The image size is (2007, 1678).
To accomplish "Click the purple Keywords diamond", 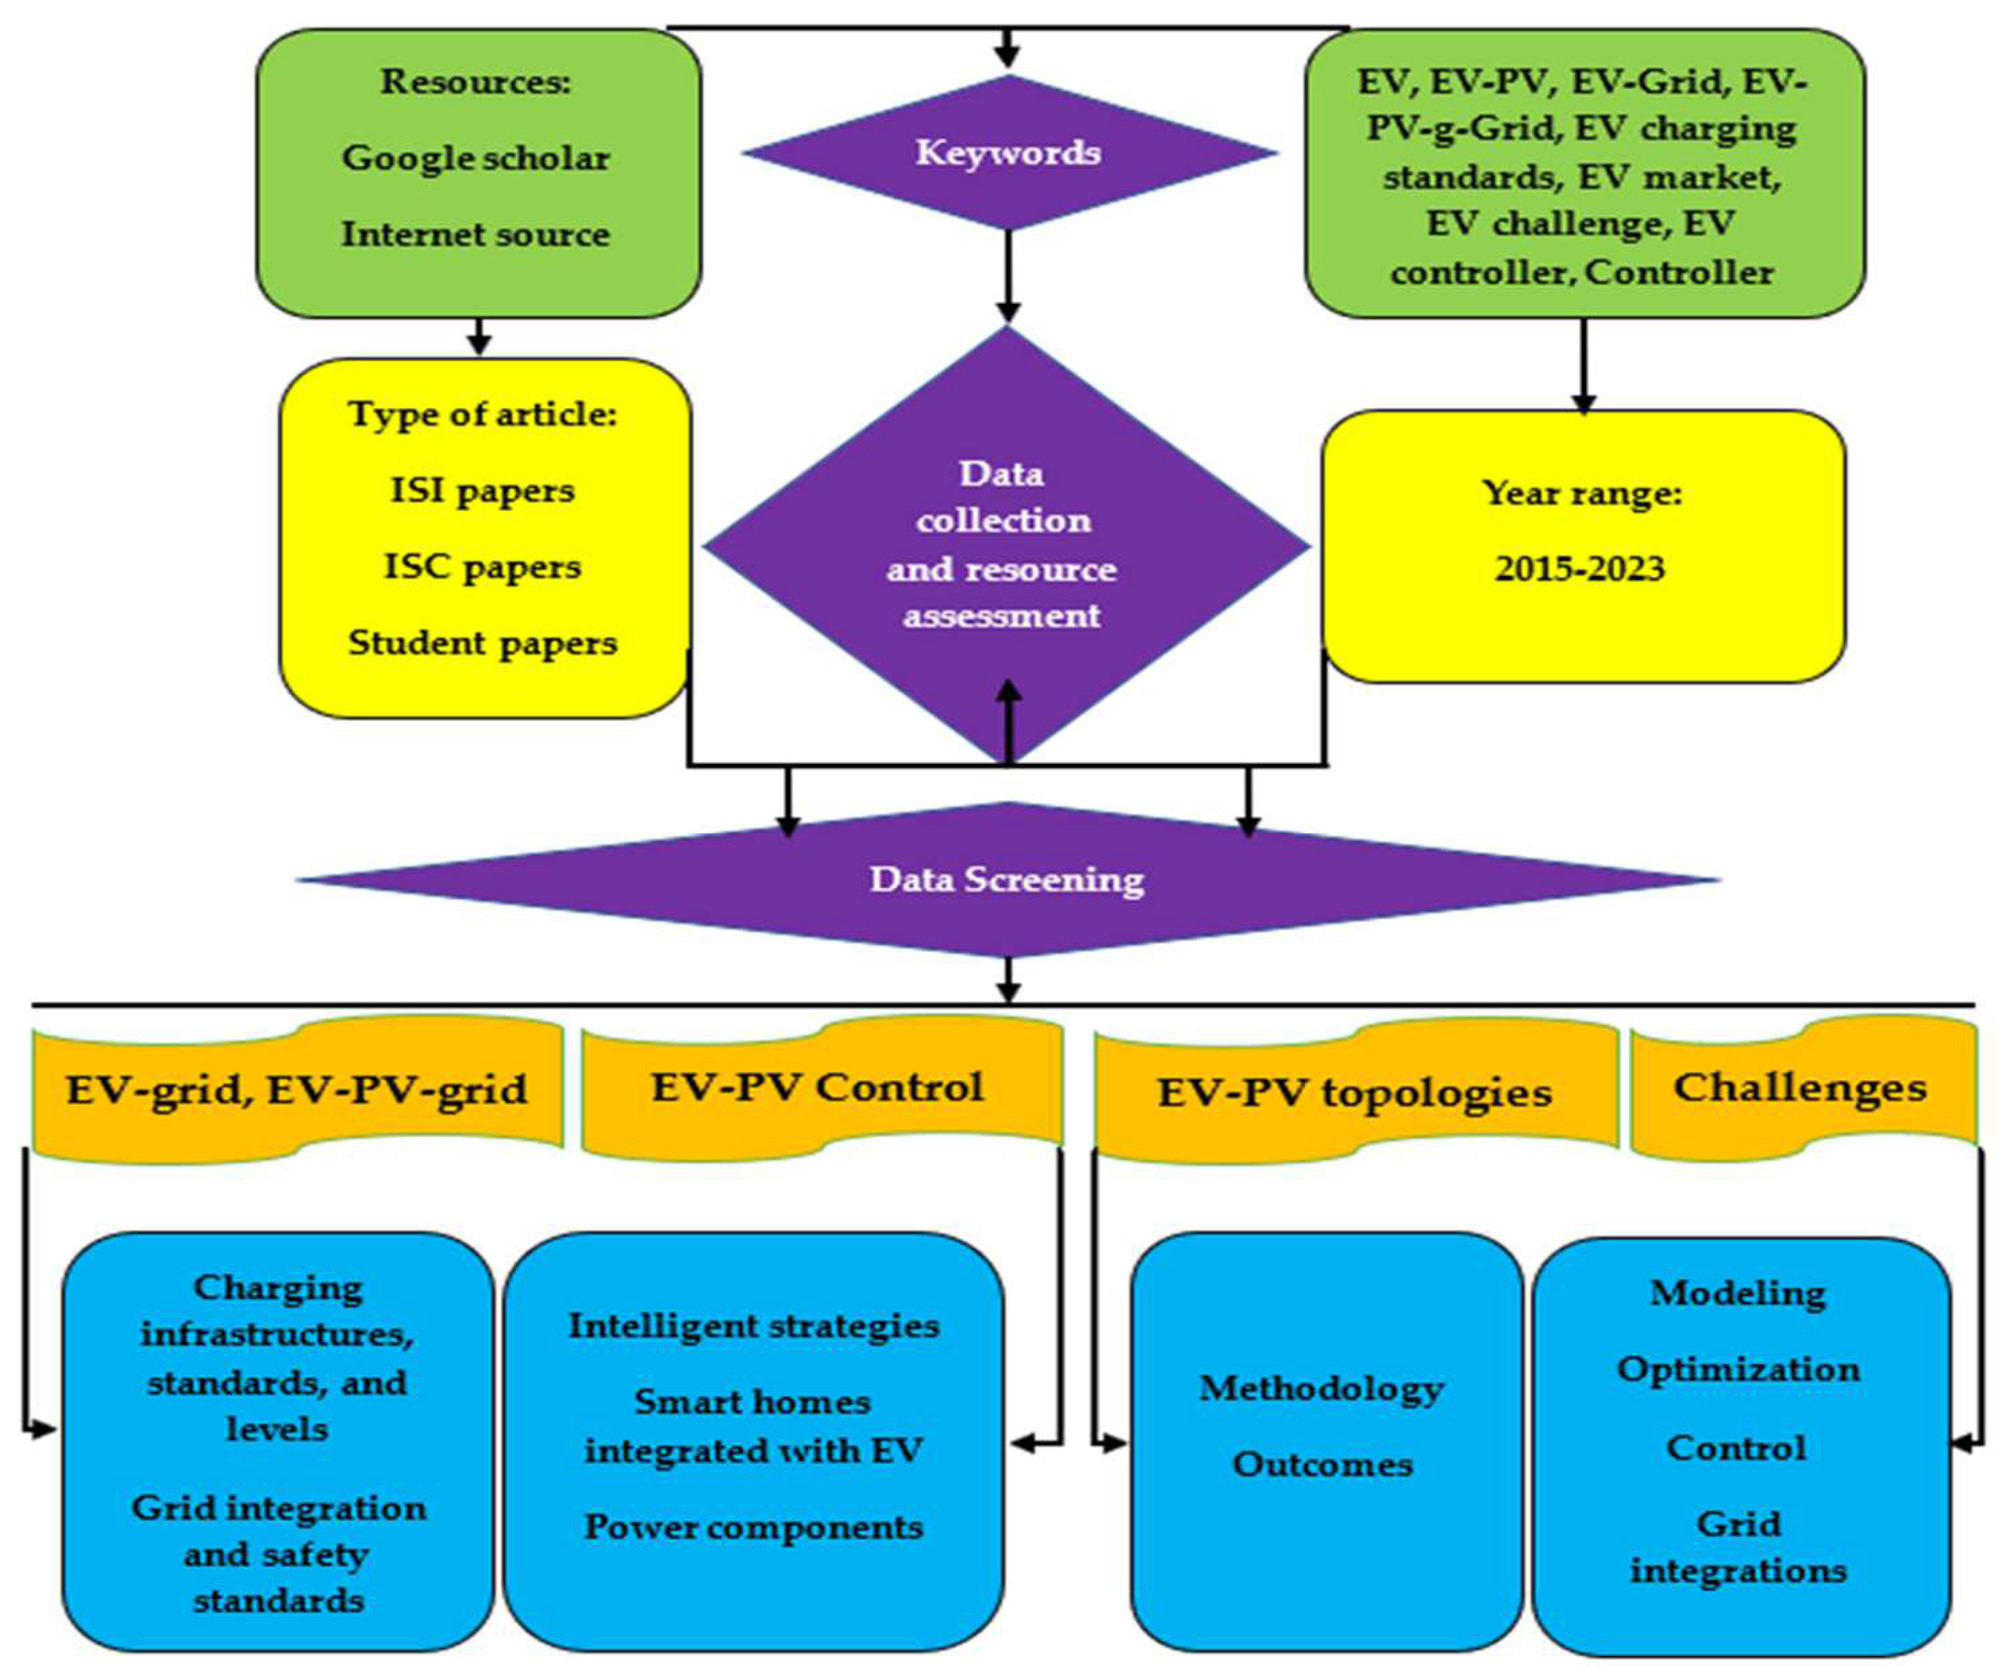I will (1008, 153).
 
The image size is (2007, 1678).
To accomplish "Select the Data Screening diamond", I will (1007, 879).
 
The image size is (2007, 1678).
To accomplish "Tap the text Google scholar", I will (476, 157).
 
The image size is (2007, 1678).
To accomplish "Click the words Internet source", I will (476, 234).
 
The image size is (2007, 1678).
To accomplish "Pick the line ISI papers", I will (483, 491).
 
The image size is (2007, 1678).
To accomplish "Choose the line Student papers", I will (483, 643).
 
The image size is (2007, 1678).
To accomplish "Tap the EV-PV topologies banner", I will (1355, 1093).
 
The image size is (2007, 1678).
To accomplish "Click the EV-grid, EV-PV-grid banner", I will (296, 1090).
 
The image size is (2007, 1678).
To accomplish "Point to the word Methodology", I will (1321, 1388).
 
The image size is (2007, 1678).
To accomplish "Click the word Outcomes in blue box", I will (1321, 1465).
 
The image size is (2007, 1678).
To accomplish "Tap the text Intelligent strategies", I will (754, 1327).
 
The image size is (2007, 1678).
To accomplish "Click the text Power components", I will (754, 1527).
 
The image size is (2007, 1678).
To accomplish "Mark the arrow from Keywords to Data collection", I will (1008, 277).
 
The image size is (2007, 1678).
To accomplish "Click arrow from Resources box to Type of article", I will (480, 337).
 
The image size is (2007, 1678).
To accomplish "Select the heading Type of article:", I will (483, 415).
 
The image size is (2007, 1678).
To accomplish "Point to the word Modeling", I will (1738, 1294).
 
